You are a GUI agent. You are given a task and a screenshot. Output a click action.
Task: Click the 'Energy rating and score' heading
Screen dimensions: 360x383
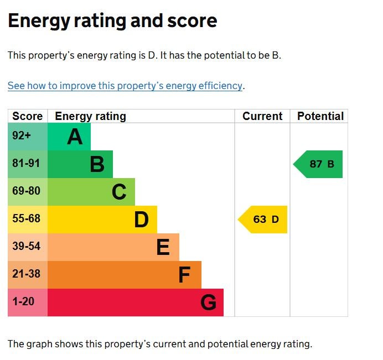pyautogui.click(x=112, y=22)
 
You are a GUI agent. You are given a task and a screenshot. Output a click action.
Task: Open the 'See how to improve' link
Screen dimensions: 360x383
pyautogui.click(x=125, y=86)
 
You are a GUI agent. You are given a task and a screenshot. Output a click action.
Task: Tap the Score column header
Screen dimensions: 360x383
pyautogui.click(x=27, y=116)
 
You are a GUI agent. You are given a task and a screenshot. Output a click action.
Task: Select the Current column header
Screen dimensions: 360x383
pyautogui.click(x=262, y=116)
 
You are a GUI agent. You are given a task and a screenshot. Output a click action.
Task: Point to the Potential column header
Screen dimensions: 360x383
pyautogui.click(x=320, y=116)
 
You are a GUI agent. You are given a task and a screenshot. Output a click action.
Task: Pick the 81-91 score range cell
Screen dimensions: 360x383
pyautogui.click(x=26, y=164)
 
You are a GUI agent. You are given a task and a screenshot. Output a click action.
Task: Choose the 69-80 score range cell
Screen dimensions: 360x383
pyautogui.click(x=26, y=191)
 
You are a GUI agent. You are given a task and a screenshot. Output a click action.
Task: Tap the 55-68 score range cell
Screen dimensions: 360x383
pyautogui.click(x=26, y=219)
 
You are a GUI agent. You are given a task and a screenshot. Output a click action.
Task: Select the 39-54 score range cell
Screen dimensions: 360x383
pyautogui.click(x=26, y=247)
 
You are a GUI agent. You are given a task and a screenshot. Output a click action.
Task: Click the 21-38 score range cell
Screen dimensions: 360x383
pyautogui.click(x=26, y=274)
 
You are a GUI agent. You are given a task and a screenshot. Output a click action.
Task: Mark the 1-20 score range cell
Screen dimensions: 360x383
pyautogui.click(x=23, y=302)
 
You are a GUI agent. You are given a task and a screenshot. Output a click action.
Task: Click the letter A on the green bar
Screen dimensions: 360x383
pyautogui.click(x=75, y=137)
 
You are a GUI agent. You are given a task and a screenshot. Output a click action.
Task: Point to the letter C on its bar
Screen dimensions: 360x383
pyautogui.click(x=119, y=192)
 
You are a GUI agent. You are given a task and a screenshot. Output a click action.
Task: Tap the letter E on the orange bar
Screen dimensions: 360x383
pyautogui.click(x=163, y=247)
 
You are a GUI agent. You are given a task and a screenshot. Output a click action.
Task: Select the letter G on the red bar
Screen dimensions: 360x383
pyautogui.click(x=208, y=302)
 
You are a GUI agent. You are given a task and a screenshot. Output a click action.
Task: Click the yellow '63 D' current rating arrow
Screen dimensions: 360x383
pyautogui.click(x=263, y=220)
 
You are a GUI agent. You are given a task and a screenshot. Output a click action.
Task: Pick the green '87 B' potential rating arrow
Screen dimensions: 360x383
pyautogui.click(x=319, y=164)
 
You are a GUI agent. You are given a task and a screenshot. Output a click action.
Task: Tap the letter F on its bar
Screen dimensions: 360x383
pyautogui.click(x=184, y=275)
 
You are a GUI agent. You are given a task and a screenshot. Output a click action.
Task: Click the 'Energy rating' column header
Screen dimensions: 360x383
pyautogui.click(x=90, y=116)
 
